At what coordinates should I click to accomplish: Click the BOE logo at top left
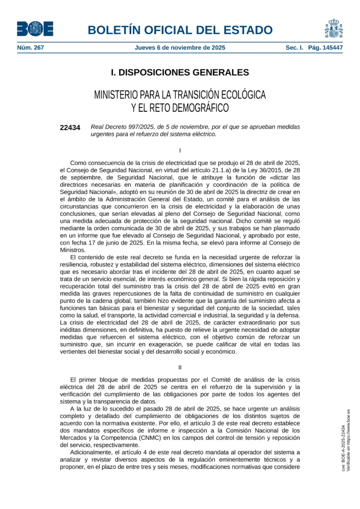pyautogui.click(x=35, y=29)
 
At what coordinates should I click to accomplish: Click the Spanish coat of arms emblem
pyautogui.click(x=334, y=28)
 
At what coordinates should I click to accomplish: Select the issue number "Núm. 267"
pyautogui.click(x=31, y=48)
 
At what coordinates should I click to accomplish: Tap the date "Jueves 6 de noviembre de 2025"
pyautogui.click(x=180, y=48)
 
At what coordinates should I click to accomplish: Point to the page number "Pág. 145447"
pyautogui.click(x=325, y=48)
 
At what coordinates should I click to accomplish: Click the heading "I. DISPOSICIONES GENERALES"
pyautogui.click(x=180, y=73)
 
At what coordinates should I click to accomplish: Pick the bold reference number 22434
pyautogui.click(x=70, y=127)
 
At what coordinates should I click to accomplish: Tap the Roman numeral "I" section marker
pyautogui.click(x=180, y=150)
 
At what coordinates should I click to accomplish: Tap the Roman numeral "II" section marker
pyautogui.click(x=180, y=367)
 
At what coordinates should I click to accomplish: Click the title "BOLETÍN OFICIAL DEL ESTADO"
pyautogui.click(x=180, y=29)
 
